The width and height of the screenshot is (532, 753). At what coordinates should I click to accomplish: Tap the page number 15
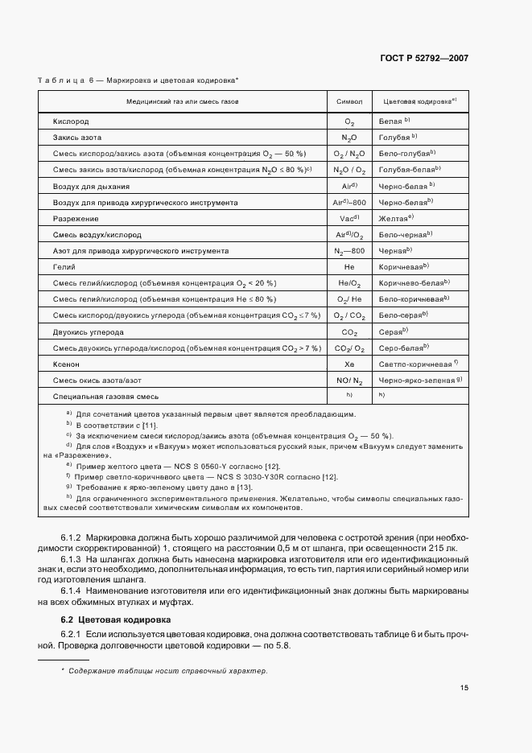464,688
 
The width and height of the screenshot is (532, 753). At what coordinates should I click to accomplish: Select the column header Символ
349,103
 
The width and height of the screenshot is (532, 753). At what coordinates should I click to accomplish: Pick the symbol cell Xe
349,364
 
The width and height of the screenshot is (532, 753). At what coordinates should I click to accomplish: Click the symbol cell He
349,267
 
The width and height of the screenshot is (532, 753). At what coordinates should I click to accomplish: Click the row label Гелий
65,267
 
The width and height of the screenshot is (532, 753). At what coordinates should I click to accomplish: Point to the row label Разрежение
76,218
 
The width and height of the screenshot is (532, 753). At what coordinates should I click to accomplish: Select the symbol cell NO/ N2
349,380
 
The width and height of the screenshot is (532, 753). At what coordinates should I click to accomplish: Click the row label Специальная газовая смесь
105,397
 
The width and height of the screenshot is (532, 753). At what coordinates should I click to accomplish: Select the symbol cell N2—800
349,251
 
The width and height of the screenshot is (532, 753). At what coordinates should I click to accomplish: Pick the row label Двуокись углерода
89,331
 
